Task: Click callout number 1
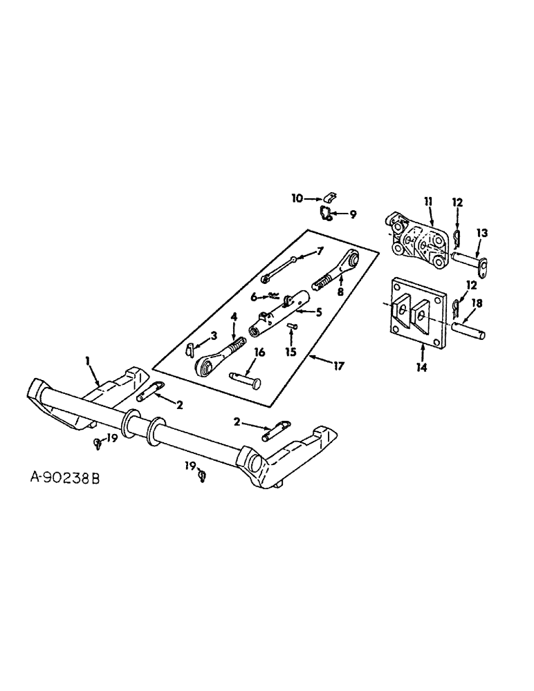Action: [x=88, y=359]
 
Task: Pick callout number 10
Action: [x=296, y=198]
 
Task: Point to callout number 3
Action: [x=214, y=335]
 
